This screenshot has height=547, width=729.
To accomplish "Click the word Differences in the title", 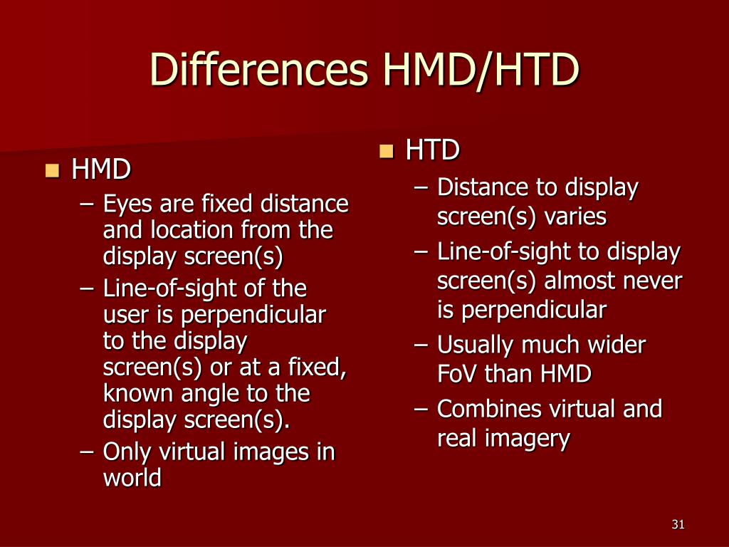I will [x=260, y=70].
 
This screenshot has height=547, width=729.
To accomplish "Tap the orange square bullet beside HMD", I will [x=51, y=170].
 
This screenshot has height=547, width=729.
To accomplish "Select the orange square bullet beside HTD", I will [x=386, y=150].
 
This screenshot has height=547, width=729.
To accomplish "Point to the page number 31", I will [x=678, y=525].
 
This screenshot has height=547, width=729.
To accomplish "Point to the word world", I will [x=132, y=477].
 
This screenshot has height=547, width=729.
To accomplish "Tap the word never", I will [x=650, y=281].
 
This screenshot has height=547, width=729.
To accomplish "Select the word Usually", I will [x=475, y=346].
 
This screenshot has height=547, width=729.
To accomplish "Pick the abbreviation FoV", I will [x=457, y=373].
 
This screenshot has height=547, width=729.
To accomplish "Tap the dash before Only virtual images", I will [x=88, y=452].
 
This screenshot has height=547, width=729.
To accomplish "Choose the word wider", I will [x=617, y=345].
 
